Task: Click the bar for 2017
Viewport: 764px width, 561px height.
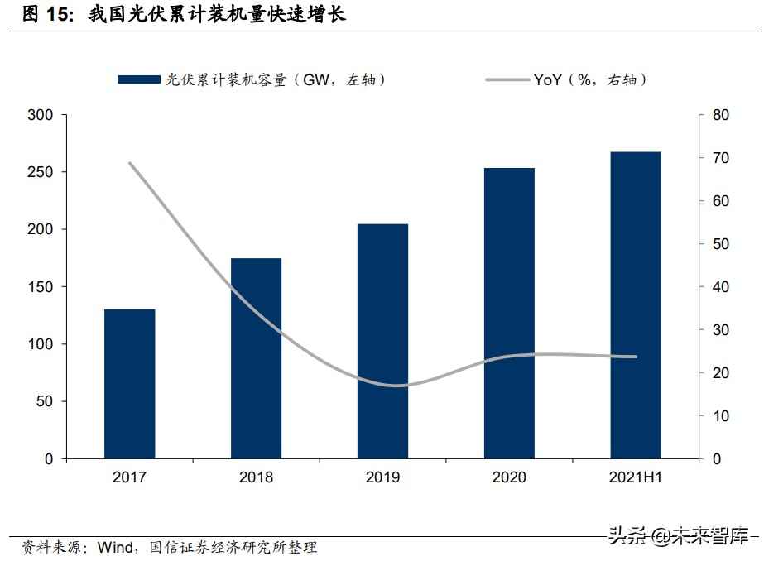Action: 129,384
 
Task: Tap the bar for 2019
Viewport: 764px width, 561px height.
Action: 382,341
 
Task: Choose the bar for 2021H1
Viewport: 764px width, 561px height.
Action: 636,305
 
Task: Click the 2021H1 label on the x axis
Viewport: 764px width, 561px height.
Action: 636,477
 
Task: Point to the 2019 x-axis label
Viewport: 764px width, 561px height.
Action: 382,477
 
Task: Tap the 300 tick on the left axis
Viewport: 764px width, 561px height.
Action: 41,115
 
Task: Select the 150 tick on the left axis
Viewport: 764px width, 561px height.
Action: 41,287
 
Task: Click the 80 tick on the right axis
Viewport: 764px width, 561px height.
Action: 720,115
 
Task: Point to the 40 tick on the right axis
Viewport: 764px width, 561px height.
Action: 720,287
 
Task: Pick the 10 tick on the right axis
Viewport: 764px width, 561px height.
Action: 720,416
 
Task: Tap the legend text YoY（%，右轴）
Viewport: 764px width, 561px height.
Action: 590,79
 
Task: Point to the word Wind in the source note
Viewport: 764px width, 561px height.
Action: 115,547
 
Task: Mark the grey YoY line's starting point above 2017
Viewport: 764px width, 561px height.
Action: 130,163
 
